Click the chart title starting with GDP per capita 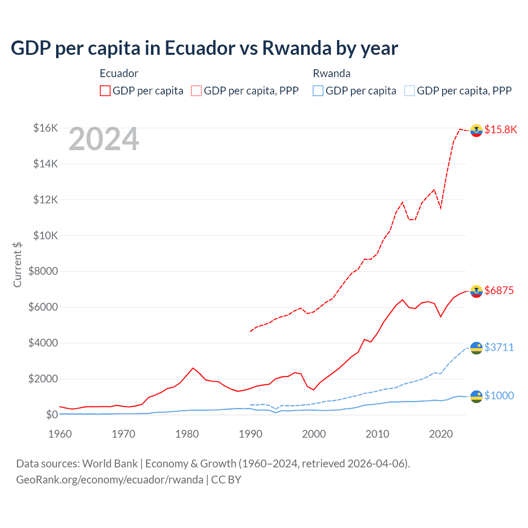[x=204, y=48]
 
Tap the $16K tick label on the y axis [x=45, y=128]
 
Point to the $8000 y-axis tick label [x=43, y=271]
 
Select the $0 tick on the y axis [x=52, y=415]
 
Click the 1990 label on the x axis [x=250, y=434]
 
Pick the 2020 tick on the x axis [x=441, y=434]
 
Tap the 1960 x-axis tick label [x=60, y=434]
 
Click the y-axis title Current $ [x=17, y=264]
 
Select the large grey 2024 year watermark [x=104, y=139]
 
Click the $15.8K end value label [x=500, y=130]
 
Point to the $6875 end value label [x=499, y=290]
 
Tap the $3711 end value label [x=499, y=347]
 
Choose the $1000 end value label [x=499, y=396]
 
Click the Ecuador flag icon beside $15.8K [x=476, y=130]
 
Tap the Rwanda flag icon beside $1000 [x=476, y=396]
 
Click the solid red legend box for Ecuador [x=105, y=91]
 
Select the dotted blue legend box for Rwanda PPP [x=410, y=91]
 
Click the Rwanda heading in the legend [x=332, y=73]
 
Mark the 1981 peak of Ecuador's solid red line [x=193, y=368]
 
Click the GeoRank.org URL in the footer [x=110, y=480]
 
